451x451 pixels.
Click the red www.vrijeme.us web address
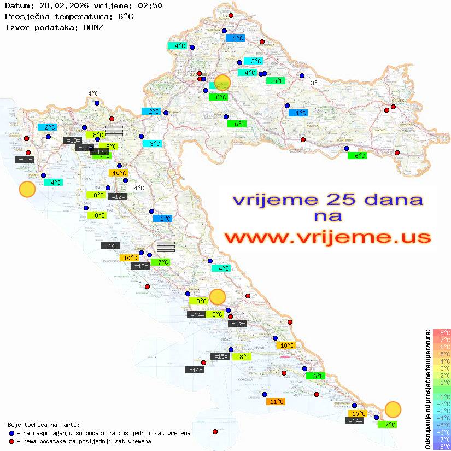pos(327,237)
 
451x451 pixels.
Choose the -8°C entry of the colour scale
pos(442,446)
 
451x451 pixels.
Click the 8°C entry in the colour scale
pos(442,332)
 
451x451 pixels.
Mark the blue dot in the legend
pos(13,433)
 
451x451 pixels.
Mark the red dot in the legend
pos(13,441)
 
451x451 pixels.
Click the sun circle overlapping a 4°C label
pos(222,82)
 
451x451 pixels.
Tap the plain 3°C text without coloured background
pos(315,83)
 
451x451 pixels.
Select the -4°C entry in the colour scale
pos(442,418)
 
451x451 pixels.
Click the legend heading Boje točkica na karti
pos(44,424)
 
